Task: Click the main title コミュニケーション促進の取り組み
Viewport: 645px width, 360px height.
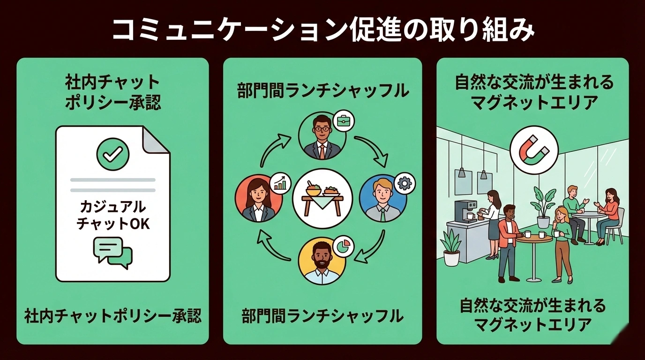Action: point(322,31)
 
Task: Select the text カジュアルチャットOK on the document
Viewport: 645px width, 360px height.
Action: point(112,215)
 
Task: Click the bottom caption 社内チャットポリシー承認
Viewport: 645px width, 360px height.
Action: point(112,316)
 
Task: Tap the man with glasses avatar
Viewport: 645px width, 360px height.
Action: point(322,136)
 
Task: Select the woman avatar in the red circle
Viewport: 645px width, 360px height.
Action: point(259,200)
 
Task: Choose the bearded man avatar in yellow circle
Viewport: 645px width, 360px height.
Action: point(322,262)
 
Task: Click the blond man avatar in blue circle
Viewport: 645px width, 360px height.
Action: point(382,199)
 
